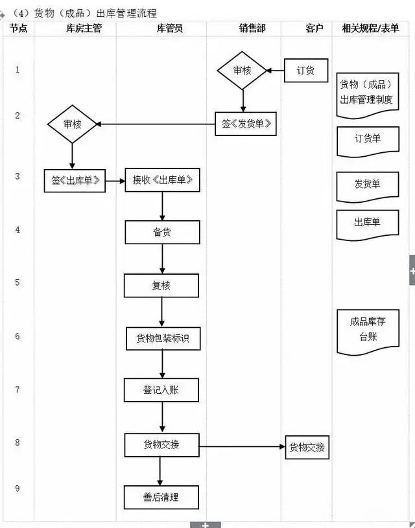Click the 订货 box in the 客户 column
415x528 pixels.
[x=305, y=71]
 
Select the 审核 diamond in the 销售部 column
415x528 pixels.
[x=243, y=70]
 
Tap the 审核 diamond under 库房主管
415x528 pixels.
[x=72, y=124]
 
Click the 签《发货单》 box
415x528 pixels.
[x=246, y=124]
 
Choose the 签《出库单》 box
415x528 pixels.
[x=74, y=180]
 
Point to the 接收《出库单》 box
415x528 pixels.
[x=162, y=180]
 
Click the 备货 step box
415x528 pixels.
[x=162, y=232]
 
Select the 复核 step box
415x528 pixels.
[x=162, y=285]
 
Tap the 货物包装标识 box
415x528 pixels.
[x=162, y=338]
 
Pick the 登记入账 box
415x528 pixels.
[x=162, y=391]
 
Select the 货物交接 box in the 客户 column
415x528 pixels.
[x=307, y=447]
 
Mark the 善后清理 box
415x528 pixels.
[x=162, y=498]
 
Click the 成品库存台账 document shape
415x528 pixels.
[x=368, y=330]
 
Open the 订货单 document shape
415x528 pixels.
[x=368, y=140]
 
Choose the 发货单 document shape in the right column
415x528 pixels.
[x=368, y=186]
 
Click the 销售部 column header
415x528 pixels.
[x=243, y=29]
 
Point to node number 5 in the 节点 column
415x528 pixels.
[x=18, y=282]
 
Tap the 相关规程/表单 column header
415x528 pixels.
[x=370, y=29]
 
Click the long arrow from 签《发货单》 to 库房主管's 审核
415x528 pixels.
[x=156, y=124]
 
